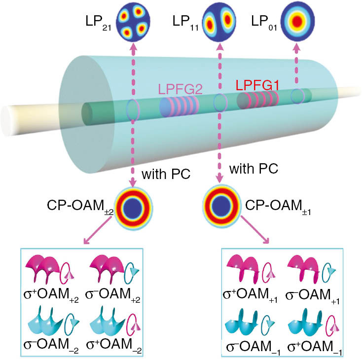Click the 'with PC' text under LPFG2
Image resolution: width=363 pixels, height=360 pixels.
[160, 174]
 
